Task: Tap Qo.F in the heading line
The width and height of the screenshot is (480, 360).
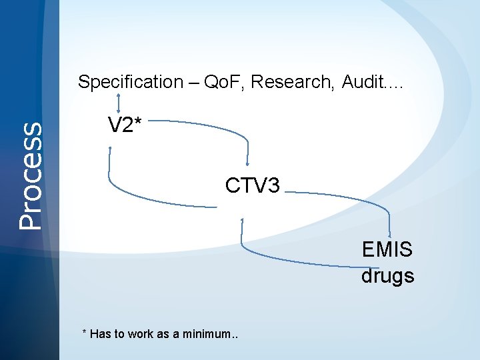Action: coord(221,83)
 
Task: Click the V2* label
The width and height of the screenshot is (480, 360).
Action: coord(123,125)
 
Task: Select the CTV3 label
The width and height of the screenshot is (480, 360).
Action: coord(253,185)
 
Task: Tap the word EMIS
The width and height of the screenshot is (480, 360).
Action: coord(387,250)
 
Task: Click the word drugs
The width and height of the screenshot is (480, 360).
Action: coord(387,275)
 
